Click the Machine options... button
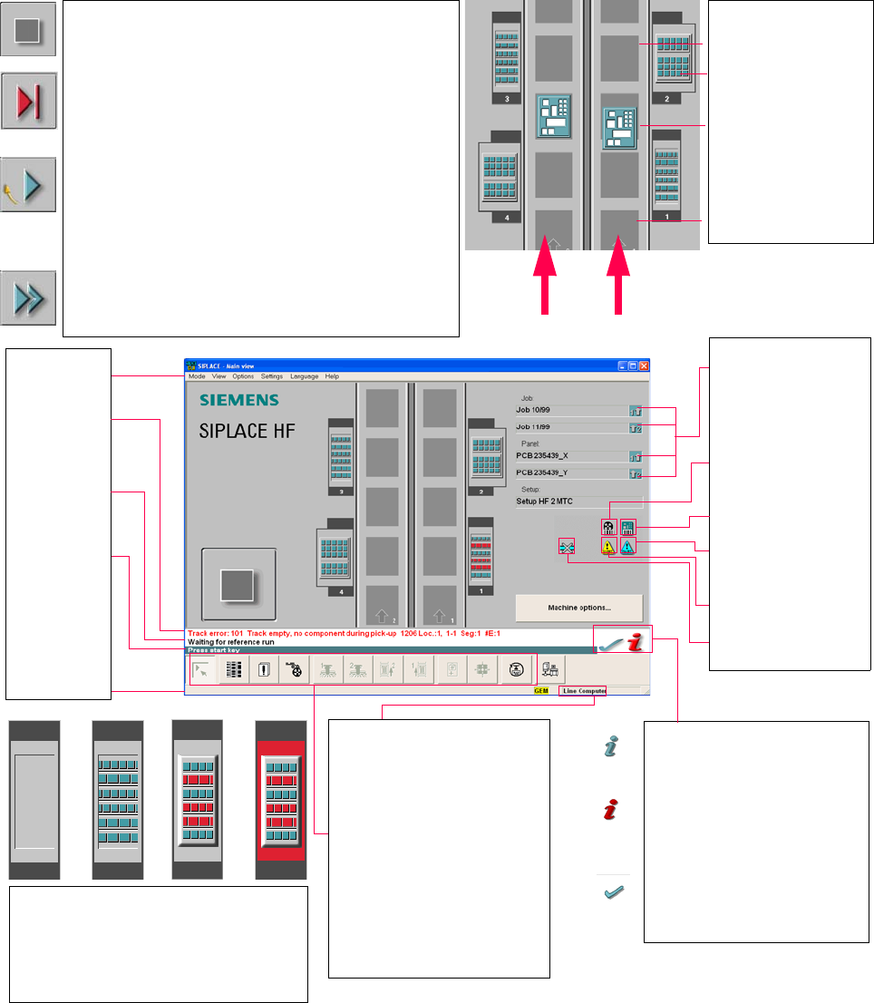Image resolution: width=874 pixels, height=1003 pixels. [578, 608]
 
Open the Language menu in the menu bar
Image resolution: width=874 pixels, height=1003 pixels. [304, 376]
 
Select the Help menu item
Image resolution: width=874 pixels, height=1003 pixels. [332, 376]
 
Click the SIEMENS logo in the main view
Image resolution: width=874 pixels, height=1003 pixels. [238, 400]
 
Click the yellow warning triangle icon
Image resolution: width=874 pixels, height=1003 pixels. [609, 546]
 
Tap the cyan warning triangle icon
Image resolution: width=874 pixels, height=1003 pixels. [628, 546]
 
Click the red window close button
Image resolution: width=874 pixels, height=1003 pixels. [644, 365]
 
